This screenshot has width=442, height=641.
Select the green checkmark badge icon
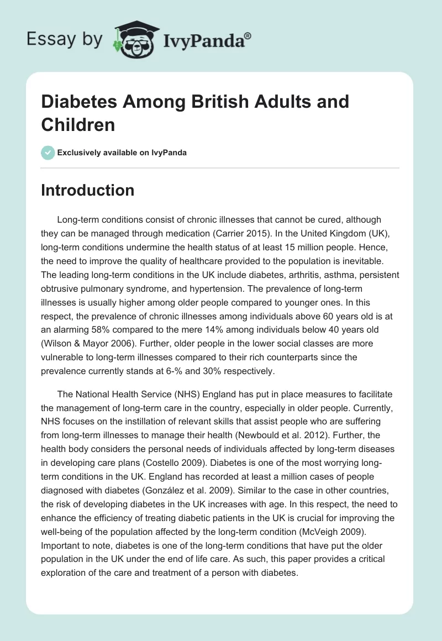tap(48, 153)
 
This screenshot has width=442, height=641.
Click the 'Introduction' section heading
tap(88, 190)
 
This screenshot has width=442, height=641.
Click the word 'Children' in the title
tap(78, 124)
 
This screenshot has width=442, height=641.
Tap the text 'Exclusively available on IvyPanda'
tap(122, 153)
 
